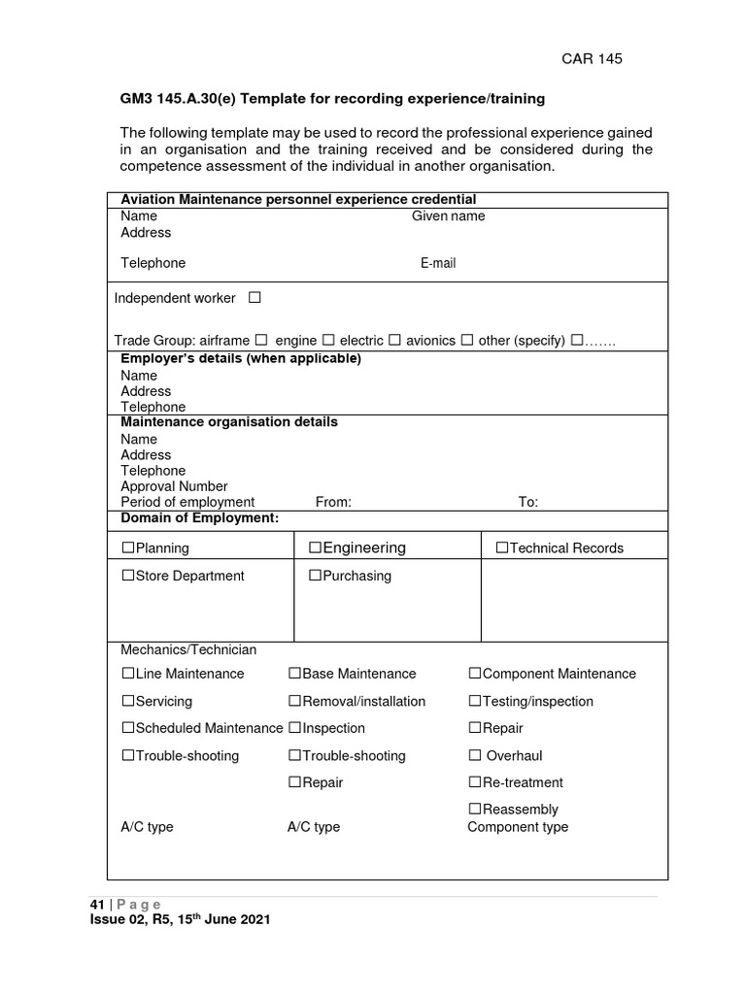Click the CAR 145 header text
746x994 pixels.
[x=592, y=58]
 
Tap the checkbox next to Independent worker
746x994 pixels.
[x=254, y=298]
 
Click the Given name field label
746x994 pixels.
[x=448, y=216]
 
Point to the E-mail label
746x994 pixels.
[x=438, y=263]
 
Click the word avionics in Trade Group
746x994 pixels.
[x=430, y=341]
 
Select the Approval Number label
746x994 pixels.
[x=174, y=486]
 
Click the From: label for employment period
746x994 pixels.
[x=333, y=502]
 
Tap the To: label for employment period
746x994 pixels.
[x=528, y=502]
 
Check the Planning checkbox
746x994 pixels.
[x=128, y=548]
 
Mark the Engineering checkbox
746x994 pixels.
[x=316, y=548]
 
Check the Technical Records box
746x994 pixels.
[x=502, y=548]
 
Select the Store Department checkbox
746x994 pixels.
[x=128, y=576]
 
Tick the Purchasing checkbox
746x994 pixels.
[x=316, y=576]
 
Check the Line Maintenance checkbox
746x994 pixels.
[x=128, y=674]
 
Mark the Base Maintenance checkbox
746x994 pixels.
[x=294, y=674]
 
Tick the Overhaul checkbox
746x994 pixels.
[x=475, y=755]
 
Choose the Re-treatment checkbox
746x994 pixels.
[x=475, y=782]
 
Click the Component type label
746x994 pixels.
[x=518, y=827]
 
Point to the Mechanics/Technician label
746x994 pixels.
[x=188, y=649]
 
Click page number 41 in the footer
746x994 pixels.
[x=96, y=904]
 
